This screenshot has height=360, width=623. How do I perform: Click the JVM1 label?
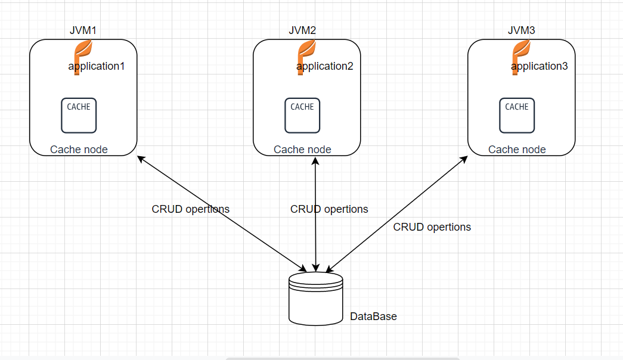click(83, 30)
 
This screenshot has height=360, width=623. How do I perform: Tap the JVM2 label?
click(302, 30)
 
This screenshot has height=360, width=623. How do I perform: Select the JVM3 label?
click(521, 30)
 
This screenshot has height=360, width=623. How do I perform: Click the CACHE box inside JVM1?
click(79, 116)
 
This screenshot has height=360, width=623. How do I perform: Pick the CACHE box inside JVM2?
click(302, 116)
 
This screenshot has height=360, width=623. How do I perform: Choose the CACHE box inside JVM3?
click(517, 116)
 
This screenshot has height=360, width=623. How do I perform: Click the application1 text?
click(97, 66)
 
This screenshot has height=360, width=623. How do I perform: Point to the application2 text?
click(325, 66)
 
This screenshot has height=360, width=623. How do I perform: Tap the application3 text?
click(540, 66)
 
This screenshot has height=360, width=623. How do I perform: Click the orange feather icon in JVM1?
click(83, 57)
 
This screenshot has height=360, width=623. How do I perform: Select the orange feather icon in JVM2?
click(306, 57)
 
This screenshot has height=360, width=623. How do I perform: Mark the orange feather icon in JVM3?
click(521, 57)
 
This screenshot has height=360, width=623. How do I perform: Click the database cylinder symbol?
click(316, 299)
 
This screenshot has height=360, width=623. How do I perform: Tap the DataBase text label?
click(373, 316)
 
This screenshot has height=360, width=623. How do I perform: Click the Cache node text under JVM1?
click(79, 150)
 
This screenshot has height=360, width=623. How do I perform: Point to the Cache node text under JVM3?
click(517, 150)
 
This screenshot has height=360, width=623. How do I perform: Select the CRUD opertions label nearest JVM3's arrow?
click(432, 227)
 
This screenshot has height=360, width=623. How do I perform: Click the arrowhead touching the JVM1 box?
click(141, 159)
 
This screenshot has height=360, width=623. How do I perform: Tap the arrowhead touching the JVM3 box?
click(464, 159)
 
